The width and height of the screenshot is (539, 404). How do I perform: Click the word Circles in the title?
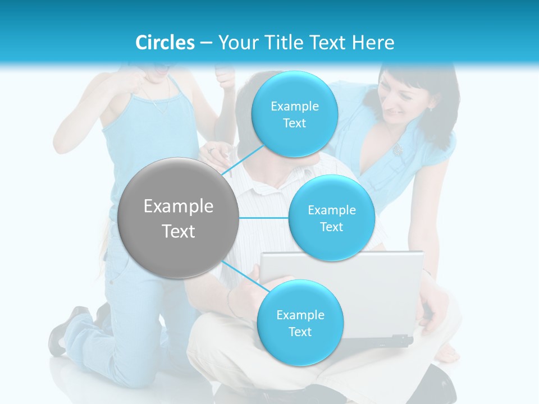(x=165, y=43)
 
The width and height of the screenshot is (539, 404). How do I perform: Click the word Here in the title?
(x=373, y=43)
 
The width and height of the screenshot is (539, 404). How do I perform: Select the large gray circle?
(x=178, y=218)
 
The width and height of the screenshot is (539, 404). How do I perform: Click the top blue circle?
(x=294, y=114)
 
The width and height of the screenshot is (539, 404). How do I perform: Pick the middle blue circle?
(x=331, y=218)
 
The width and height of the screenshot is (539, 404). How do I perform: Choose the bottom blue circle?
(x=300, y=323)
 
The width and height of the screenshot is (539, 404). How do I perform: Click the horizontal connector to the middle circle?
(x=263, y=218)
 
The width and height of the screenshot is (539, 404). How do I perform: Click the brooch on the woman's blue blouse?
(x=398, y=149)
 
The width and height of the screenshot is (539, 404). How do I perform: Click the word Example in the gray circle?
(x=178, y=206)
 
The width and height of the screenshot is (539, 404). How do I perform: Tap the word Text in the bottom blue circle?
(x=300, y=332)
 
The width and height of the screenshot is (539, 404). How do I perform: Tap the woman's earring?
(x=432, y=108)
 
